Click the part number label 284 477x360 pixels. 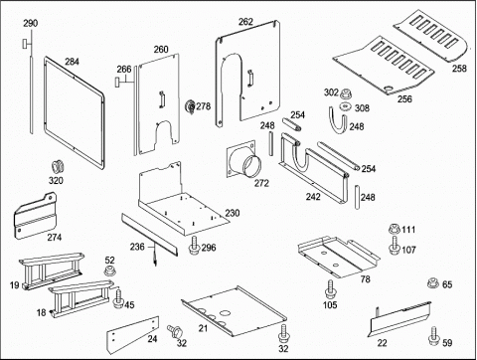tap(72, 62)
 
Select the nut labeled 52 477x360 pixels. tap(109, 270)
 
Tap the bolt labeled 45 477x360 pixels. tap(118, 298)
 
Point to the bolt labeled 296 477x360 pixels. tap(194, 246)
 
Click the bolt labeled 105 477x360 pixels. tap(330, 289)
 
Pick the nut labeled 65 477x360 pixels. tap(432, 283)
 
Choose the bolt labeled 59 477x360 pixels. tap(433, 336)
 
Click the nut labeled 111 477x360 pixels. tap(395, 229)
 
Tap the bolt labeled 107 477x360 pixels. tap(395, 246)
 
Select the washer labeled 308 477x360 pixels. tap(346, 106)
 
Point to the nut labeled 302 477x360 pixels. tap(346, 93)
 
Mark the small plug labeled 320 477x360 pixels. tap(58, 167)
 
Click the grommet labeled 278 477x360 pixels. tap(190, 107)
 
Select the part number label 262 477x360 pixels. tap(245, 22)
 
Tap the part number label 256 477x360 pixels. tap(404, 98)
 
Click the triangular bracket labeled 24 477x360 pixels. tap(132, 335)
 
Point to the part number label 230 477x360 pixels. tap(233, 213)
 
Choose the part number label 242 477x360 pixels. tap(313, 197)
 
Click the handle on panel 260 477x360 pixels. tap(162, 99)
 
